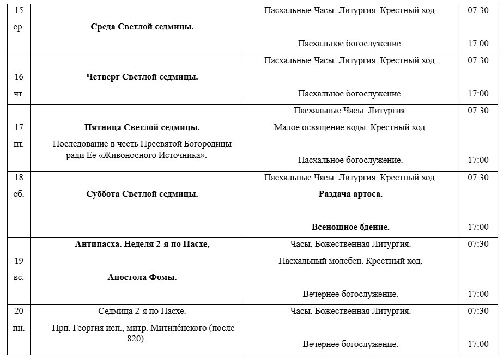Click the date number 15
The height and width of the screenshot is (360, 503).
point(19,10)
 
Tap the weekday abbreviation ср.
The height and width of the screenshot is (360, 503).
point(19,27)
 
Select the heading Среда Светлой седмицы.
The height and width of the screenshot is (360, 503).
point(142,27)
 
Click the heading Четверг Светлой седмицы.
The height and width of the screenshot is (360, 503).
point(142,77)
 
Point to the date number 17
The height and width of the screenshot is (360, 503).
point(19,127)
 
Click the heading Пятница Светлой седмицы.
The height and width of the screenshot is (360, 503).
point(142,127)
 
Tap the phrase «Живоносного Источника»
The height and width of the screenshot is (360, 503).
point(173,155)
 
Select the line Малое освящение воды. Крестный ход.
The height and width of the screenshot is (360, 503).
point(350,127)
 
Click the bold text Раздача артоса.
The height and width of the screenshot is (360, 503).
point(350,194)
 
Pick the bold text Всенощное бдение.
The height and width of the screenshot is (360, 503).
point(350,227)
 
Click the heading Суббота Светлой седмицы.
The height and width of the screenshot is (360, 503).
point(142,194)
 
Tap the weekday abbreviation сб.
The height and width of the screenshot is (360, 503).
point(19,194)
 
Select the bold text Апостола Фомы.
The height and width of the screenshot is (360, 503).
point(142,277)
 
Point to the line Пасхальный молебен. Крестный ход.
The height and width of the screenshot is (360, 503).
point(350,261)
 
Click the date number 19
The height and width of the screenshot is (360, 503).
point(19,261)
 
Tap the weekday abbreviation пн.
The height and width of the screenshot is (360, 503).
point(19,328)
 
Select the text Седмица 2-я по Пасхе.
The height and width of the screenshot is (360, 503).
point(142,311)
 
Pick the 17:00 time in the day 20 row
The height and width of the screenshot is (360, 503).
point(478,344)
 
